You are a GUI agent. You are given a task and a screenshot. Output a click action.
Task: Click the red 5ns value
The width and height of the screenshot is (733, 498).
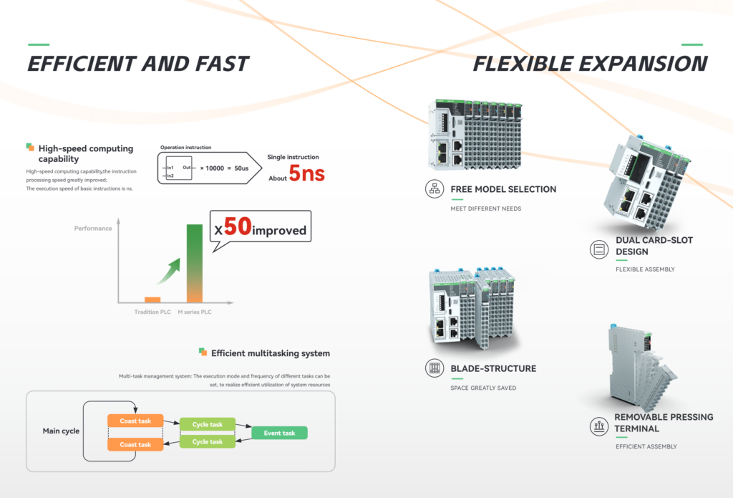[306, 173]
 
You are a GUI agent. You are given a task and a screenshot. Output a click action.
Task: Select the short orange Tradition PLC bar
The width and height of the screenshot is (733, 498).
[152, 299]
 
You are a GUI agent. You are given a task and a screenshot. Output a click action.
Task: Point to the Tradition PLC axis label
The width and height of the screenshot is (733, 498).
[152, 312]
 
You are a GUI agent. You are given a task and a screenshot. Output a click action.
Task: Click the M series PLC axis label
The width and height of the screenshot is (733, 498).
[195, 312]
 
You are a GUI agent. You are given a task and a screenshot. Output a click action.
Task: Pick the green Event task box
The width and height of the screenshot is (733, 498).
[279, 433]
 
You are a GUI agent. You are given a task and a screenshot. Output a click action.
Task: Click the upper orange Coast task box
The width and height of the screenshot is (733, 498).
[135, 421]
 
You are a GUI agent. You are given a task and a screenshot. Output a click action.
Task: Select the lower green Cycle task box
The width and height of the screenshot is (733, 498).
[207, 442]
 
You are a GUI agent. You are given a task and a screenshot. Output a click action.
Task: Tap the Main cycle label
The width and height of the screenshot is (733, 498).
[61, 431]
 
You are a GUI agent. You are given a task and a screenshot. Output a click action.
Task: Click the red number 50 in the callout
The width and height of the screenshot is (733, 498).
[238, 228]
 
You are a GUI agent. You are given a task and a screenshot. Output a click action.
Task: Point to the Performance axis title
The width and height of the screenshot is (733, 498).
[93, 229]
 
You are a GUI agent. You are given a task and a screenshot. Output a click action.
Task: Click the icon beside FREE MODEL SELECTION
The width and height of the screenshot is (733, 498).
[434, 189]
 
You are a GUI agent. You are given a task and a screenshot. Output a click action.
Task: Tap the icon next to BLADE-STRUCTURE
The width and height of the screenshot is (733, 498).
[434, 368]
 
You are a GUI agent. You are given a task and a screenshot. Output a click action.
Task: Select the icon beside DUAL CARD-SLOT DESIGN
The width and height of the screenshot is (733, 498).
[598, 249]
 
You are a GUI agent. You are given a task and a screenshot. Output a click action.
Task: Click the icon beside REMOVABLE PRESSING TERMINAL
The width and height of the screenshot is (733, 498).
[598, 426]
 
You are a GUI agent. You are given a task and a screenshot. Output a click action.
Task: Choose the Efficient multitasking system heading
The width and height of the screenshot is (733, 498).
[270, 353]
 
